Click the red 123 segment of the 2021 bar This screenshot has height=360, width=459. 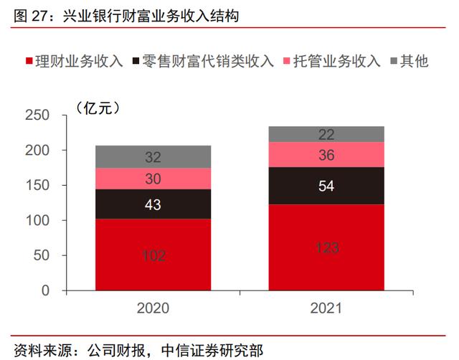click(326, 247)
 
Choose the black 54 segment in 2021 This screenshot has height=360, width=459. click(326, 186)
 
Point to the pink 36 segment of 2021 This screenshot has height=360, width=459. click(326, 154)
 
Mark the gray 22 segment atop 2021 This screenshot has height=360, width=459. click(326, 134)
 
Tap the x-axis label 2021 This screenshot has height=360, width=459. click(326, 309)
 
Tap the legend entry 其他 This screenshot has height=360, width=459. click(413, 61)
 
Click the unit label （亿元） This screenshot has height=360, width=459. click(101, 109)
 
